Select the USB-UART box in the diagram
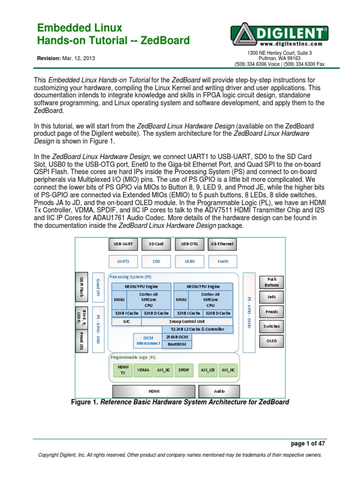123,244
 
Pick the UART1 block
123,261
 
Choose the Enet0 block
222,261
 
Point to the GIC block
126,322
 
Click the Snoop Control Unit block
187,322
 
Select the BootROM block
176,344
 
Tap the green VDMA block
143,370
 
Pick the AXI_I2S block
208,370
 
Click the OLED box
271,341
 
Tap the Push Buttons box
271,282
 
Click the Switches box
271,326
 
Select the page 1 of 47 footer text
307,443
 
